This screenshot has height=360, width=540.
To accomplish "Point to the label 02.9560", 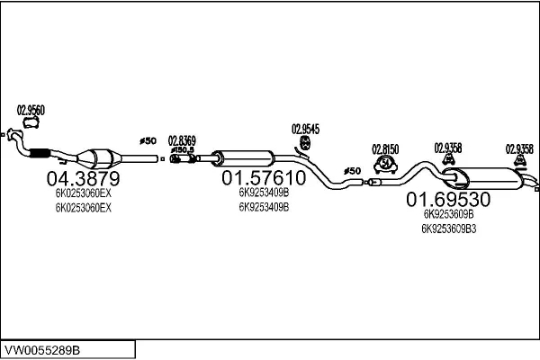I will click(31, 111).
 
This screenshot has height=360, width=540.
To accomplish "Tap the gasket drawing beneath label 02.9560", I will click(31, 123).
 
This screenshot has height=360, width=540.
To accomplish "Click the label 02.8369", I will click(182, 139).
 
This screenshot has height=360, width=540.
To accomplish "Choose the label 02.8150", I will click(386, 148).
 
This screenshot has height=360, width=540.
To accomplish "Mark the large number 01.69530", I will click(447, 198).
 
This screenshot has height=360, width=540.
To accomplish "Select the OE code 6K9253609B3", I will click(448, 228).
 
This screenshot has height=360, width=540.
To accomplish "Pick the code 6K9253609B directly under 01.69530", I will click(447, 214).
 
